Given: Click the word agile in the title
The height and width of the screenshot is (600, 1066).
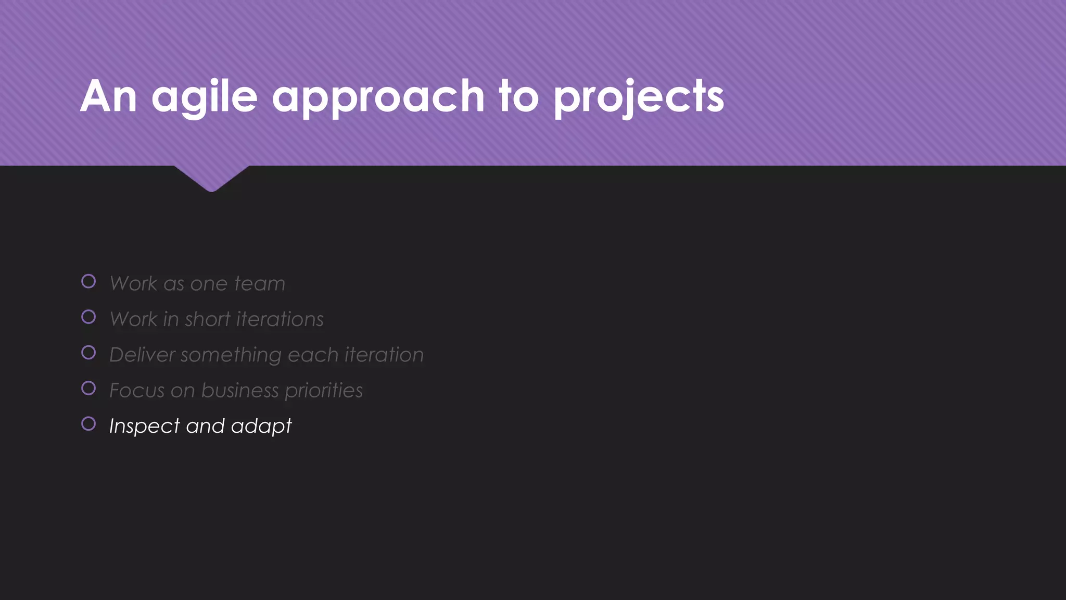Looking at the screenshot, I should click(x=205, y=97).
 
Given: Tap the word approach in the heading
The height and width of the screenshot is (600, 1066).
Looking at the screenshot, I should click(x=378, y=97).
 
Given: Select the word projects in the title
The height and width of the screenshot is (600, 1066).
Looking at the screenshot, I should click(x=639, y=97).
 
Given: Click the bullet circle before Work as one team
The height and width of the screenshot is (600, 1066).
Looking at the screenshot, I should click(x=88, y=281).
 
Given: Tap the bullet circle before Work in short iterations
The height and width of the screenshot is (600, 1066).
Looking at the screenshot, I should click(x=88, y=317).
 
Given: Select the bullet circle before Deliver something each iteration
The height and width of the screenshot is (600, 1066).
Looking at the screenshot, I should click(x=88, y=353).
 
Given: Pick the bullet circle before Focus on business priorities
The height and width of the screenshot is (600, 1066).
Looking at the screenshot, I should click(x=88, y=388).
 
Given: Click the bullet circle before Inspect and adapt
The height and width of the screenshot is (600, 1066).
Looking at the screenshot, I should click(x=88, y=423).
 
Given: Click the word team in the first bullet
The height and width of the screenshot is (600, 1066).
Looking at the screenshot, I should click(x=259, y=284).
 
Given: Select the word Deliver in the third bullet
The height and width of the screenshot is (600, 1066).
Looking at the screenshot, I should click(x=142, y=355).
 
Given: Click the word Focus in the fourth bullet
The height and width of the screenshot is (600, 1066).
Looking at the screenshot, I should click(x=137, y=391).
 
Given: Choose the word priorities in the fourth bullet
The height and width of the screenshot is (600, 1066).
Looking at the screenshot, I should click(x=323, y=391).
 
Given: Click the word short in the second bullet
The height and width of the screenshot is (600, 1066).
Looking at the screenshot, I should click(x=207, y=319).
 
